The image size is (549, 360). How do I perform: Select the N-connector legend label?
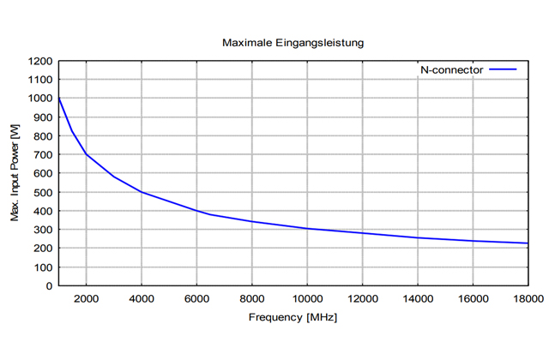pyautogui.click(x=452, y=70)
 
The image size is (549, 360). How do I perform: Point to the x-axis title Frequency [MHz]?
pyautogui.click(x=292, y=318)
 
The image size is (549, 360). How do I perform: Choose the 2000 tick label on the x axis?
pyautogui.click(x=86, y=298)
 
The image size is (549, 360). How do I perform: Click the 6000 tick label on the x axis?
pyautogui.click(x=196, y=298)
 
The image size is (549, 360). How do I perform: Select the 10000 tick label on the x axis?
pyautogui.click(x=306, y=298)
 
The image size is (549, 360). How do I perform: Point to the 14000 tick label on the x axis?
pyautogui.click(x=417, y=298)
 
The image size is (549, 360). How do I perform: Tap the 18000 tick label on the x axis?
pyautogui.click(x=527, y=298)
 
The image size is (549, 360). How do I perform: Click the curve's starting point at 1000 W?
pyautogui.click(x=58, y=99)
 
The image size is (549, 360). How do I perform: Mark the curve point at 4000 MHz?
pyautogui.click(x=142, y=192)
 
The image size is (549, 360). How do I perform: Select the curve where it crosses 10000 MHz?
pyautogui.click(x=307, y=229)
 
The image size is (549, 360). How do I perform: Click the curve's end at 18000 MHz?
pyautogui.click(x=528, y=243)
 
